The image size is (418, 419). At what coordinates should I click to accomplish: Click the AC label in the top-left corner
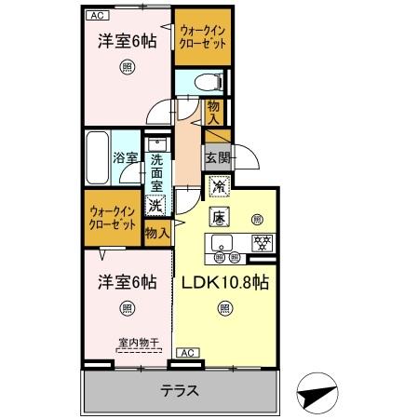[97, 16]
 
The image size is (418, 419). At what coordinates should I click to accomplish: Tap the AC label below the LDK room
[185, 352]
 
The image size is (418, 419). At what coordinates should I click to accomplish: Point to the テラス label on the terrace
[180, 391]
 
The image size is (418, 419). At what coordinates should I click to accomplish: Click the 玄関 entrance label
[217, 156]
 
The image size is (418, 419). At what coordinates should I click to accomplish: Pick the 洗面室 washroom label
[156, 171]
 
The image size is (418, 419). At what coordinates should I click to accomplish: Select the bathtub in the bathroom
[98, 157]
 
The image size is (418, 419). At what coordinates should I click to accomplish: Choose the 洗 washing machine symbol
[156, 207]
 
